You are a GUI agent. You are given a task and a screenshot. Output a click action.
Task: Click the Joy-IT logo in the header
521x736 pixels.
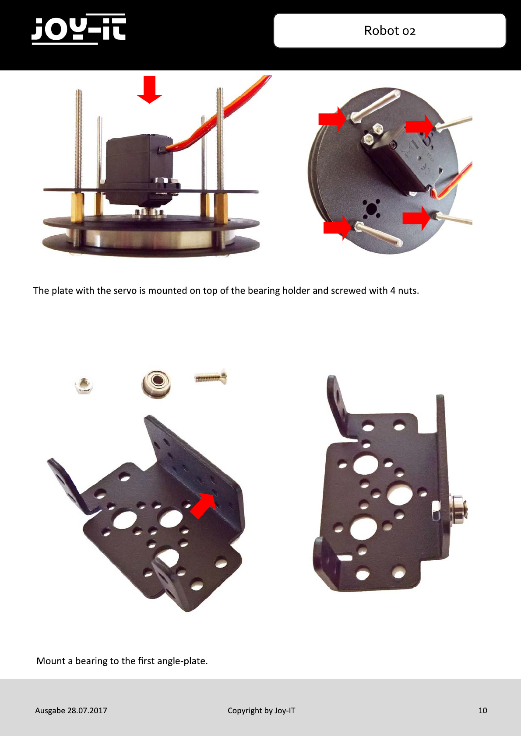tap(79, 29)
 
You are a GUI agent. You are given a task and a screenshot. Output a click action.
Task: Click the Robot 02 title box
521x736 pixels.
tap(390, 31)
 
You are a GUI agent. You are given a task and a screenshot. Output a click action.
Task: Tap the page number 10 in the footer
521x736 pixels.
tap(482, 710)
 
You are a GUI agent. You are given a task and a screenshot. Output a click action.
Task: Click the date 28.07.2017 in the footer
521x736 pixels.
tap(87, 710)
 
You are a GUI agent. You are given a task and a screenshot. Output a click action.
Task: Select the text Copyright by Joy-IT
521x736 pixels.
tap(261, 711)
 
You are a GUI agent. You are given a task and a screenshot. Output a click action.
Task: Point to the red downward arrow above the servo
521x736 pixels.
tap(149, 89)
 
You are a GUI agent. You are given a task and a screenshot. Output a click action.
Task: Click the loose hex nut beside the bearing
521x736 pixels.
tap(84, 385)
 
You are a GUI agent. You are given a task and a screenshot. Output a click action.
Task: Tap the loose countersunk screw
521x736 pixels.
tap(211, 377)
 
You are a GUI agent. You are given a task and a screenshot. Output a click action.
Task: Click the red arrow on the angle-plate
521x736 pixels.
tap(203, 506)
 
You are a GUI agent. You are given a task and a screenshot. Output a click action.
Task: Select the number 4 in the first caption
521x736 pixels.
tap(393, 291)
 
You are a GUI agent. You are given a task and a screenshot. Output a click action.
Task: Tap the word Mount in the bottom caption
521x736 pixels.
tap(51, 661)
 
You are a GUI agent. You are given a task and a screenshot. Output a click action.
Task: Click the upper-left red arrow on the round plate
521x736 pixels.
tap(332, 119)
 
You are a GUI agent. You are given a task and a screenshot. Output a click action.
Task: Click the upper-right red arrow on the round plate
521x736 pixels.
tap(420, 126)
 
